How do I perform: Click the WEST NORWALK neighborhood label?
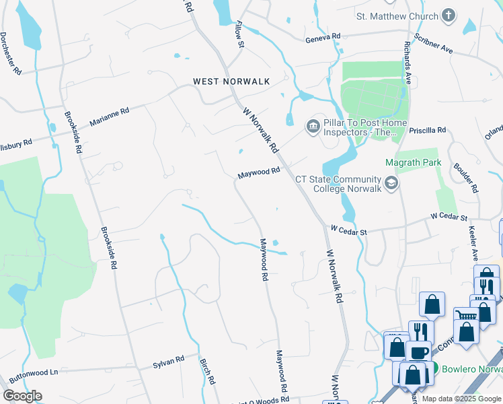[231, 81]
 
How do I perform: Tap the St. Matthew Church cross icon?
[449, 15]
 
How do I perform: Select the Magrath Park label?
[412, 162]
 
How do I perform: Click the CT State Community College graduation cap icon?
[391, 182]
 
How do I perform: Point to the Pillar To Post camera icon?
[312, 127]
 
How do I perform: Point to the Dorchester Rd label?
[12, 53]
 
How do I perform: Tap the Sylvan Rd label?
[168, 361]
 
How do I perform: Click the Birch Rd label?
[207, 371]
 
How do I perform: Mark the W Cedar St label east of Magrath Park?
[449, 217]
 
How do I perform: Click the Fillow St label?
[238, 34]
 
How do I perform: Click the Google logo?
[22, 396]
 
